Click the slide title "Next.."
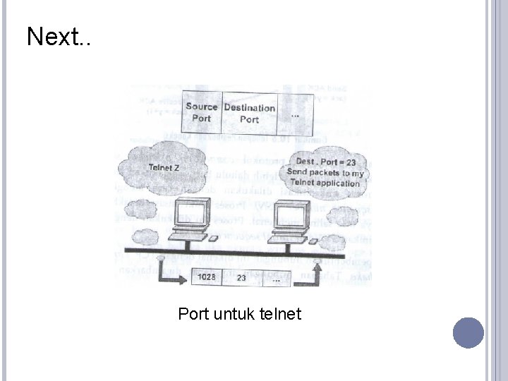[59, 37]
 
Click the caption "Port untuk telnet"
[240, 312]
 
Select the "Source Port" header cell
[202, 113]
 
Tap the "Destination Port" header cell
[249, 113]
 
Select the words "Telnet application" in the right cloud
[328, 183]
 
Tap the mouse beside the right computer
[313, 240]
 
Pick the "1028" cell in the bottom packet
[206, 278]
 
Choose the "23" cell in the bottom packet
[241, 278]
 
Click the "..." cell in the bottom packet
[276, 278]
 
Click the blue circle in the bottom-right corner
[468, 332]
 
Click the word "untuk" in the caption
[239, 312]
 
